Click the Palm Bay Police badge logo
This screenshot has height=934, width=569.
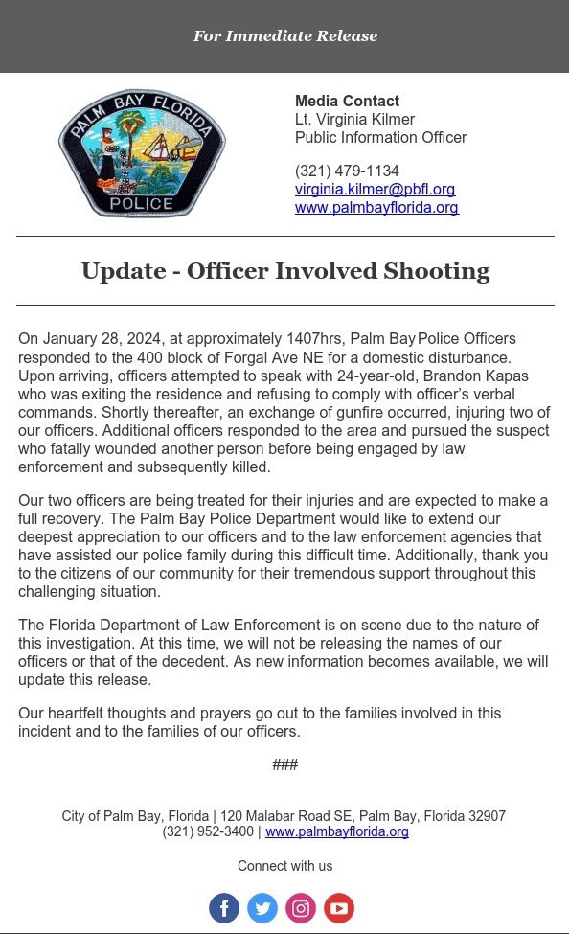click(x=142, y=153)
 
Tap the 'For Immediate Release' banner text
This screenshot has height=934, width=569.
click(x=285, y=36)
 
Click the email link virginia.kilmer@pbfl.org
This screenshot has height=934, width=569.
click(x=375, y=190)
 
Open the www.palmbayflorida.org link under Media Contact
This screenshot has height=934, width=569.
click(x=376, y=207)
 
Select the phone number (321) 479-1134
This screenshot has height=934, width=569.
click(x=347, y=171)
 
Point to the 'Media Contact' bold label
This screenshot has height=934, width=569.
click(x=347, y=102)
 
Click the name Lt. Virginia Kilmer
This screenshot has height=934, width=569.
click(x=354, y=120)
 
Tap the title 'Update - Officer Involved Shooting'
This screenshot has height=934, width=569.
click(x=285, y=271)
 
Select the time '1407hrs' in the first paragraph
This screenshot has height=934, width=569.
click(x=313, y=339)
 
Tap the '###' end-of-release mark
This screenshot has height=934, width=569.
click(x=284, y=764)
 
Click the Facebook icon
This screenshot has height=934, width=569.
click(x=224, y=908)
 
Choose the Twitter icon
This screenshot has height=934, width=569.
click(x=262, y=908)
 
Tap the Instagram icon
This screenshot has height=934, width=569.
click(x=301, y=908)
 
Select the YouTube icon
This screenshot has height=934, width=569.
click(x=339, y=908)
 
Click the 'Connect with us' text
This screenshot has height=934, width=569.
click(x=284, y=866)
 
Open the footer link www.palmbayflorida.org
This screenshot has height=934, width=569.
click(x=337, y=832)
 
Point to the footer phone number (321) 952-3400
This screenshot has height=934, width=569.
click(x=208, y=832)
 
